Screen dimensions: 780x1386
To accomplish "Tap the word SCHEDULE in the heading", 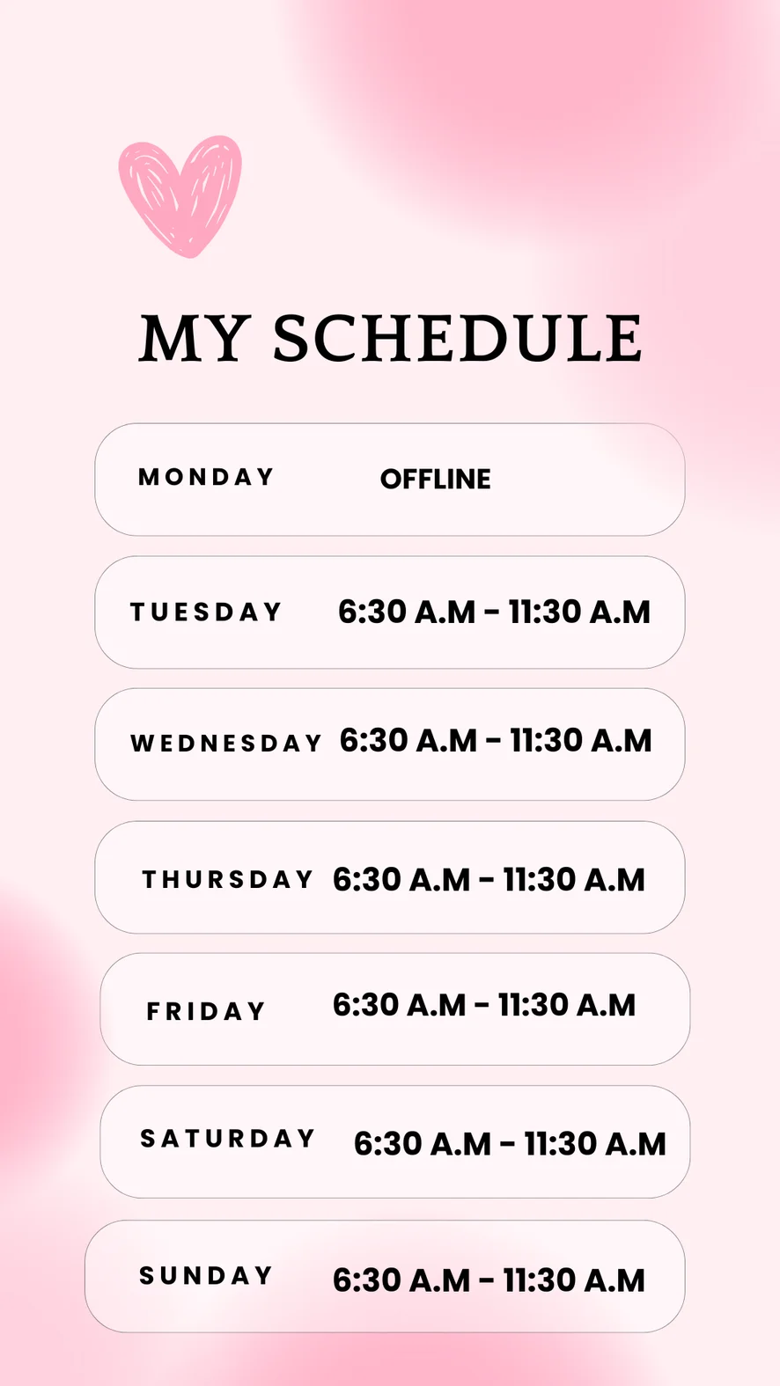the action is point(458,338).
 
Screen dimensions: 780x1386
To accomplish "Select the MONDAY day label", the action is point(205,477).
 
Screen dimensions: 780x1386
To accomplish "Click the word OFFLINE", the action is point(435,480).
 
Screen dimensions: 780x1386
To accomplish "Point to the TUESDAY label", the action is point(205,612).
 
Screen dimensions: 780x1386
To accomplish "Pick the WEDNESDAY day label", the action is point(226,743).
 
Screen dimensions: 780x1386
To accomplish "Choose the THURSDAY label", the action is point(227,879).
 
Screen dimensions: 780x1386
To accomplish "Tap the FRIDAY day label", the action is point(205,1011).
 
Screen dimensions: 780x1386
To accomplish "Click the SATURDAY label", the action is point(227,1139).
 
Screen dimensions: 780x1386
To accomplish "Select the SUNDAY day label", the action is point(205,1275).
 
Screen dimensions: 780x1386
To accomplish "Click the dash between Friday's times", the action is point(482,1006).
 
